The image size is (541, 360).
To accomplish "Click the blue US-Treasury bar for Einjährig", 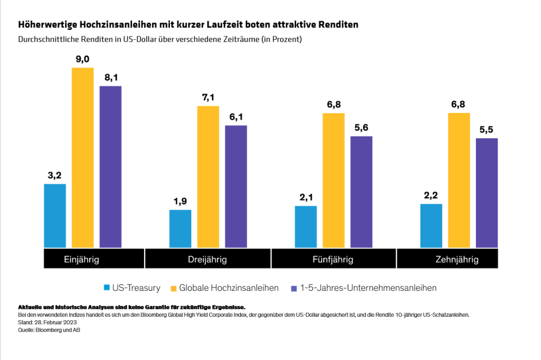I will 55,215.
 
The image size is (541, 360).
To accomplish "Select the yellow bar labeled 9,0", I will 82,157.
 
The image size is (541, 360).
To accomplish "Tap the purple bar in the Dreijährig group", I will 236,186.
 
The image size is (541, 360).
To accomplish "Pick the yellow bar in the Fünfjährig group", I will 334,180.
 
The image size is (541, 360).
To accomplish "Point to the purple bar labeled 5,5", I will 487,192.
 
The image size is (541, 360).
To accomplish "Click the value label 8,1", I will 111,77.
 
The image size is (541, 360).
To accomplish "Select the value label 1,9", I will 180,201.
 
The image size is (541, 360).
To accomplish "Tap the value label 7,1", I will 208,97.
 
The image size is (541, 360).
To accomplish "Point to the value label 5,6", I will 361,127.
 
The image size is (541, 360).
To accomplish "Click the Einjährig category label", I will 81,259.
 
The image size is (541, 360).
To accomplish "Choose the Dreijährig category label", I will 207,259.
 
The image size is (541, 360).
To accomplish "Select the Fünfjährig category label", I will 334,259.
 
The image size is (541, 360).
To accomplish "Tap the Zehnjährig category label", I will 457,259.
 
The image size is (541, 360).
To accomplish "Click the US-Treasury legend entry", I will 134,287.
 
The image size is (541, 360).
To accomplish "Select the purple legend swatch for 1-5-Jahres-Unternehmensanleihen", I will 294,287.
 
